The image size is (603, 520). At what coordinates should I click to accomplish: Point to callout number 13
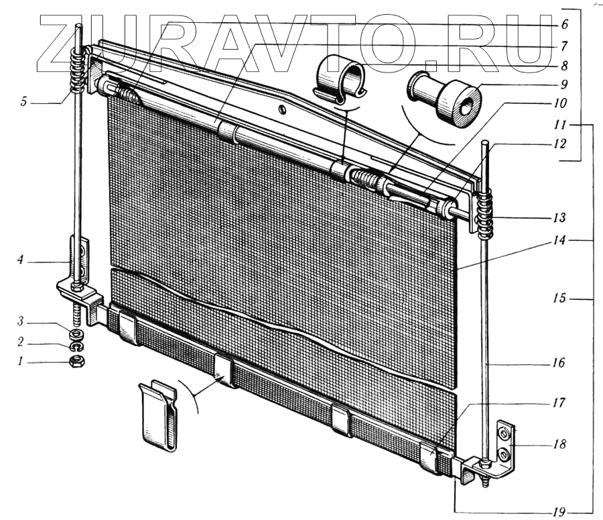point(560,218)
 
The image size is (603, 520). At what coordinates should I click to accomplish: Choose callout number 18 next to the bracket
point(560,444)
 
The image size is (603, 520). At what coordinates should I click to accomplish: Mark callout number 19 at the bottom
point(558,511)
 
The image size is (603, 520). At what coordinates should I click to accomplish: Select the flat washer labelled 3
point(76,332)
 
